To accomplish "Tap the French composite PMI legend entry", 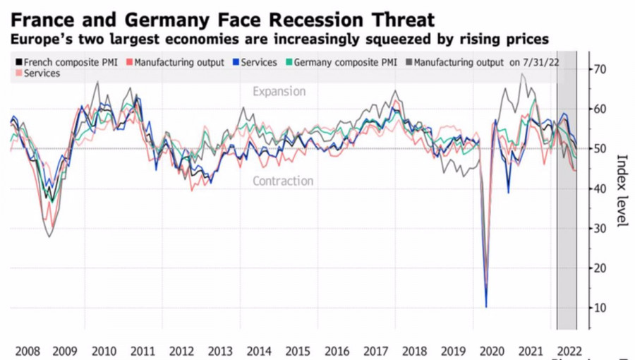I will point(66,63).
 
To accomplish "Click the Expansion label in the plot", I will point(279,92).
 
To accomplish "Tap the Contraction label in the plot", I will point(283,181).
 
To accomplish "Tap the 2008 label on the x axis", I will point(26,351).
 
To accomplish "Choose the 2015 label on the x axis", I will point(298,351).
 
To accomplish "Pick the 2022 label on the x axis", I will point(568,351).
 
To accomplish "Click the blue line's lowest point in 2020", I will point(486,306).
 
